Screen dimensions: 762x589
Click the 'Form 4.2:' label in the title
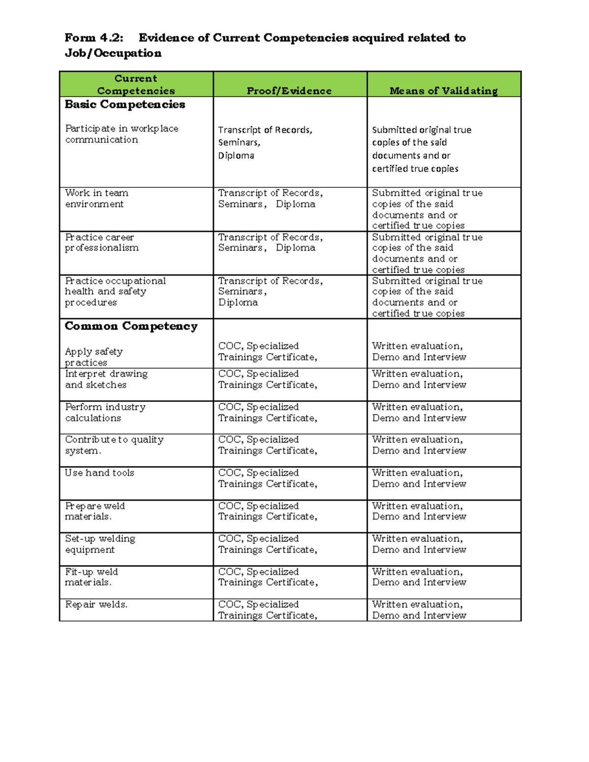coord(94,38)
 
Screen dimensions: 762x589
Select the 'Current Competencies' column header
coord(136,84)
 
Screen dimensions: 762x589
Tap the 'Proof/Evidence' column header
coord(289,91)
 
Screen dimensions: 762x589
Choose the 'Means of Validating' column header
coord(443,91)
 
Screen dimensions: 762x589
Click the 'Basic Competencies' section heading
coord(125,105)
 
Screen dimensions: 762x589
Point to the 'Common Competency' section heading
coord(131,326)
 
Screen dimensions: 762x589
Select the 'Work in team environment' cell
coord(97,198)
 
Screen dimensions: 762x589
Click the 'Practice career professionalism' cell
coord(102,242)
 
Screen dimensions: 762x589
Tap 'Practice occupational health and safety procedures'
coord(115,291)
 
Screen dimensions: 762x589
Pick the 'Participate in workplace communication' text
coord(121,134)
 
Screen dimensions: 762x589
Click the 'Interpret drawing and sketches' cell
coord(106,379)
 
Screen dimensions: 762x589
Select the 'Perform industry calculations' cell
coord(105,412)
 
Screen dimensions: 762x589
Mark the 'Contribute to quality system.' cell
coord(114,445)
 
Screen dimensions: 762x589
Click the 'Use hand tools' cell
coord(100,473)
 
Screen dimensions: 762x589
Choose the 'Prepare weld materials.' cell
coord(95,511)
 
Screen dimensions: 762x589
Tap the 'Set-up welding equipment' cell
coord(100,544)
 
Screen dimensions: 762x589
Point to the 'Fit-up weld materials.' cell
coord(91,577)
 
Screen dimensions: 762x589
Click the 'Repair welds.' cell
coord(96,604)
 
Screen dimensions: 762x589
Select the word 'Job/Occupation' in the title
coord(113,53)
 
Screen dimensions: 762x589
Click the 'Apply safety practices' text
coord(94,357)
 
